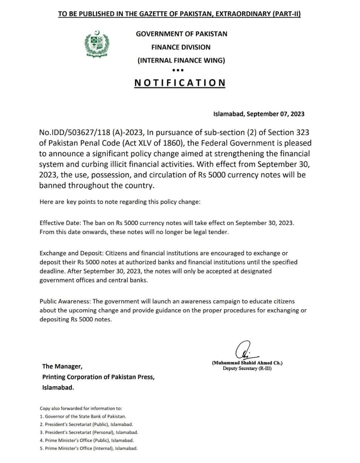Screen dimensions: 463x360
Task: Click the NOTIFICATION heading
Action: point(180,83)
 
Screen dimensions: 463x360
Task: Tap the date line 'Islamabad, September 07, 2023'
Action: point(259,114)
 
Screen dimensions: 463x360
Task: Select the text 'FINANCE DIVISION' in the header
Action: point(181,47)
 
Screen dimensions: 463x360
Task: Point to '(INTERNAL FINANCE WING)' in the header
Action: point(181,60)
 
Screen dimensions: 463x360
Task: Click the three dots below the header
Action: point(178,70)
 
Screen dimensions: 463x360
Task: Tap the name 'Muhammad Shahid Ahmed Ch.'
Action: point(247,363)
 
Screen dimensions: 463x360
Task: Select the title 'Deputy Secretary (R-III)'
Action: point(247,369)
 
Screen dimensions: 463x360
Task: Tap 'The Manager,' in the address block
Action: point(62,366)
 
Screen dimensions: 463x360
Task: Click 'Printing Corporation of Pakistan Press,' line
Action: point(98,377)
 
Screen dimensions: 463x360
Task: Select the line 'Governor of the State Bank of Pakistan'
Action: point(85,416)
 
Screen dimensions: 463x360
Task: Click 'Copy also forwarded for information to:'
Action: point(81,408)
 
